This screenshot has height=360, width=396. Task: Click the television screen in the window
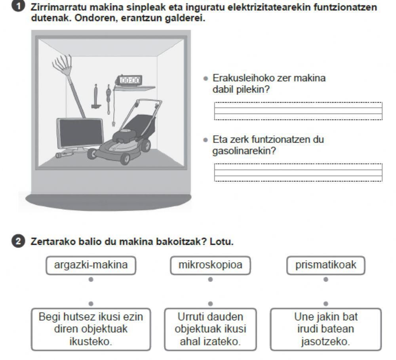[80, 132]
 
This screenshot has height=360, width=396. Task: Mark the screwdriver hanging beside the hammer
[107, 101]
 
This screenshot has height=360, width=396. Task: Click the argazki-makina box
[91, 265]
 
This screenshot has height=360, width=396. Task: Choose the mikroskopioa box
[210, 265]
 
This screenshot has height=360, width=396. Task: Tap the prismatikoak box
[326, 265]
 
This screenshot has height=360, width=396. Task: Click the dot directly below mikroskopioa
[210, 280]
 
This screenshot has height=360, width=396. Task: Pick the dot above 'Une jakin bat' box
[326, 304]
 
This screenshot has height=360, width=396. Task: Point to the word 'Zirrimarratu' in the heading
[56, 7]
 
